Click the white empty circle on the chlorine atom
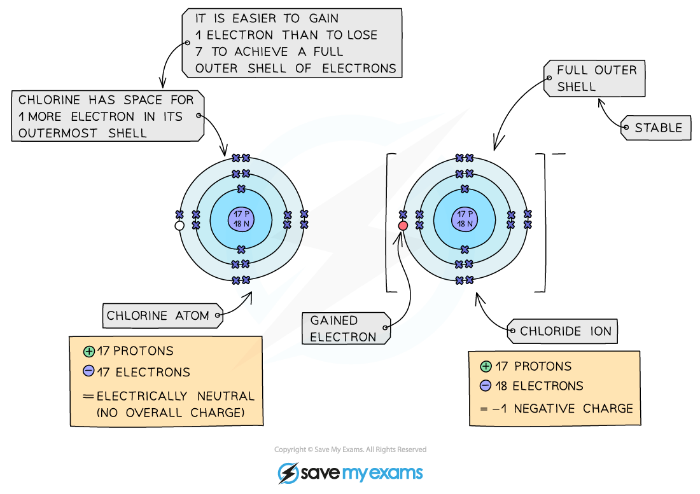(x=179, y=226)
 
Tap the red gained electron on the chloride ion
(x=403, y=226)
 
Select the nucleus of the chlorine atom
(x=241, y=219)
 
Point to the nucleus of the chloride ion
(x=465, y=219)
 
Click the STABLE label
(x=658, y=128)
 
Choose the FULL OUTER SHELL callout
(x=596, y=79)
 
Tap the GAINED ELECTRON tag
(x=344, y=329)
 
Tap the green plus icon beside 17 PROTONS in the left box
(x=88, y=351)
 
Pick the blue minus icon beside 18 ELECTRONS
(x=486, y=386)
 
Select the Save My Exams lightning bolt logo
(x=288, y=473)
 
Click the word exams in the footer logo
(x=395, y=474)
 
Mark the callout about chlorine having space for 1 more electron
(x=107, y=116)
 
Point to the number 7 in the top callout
(x=199, y=52)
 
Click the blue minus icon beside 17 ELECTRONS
(x=88, y=372)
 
